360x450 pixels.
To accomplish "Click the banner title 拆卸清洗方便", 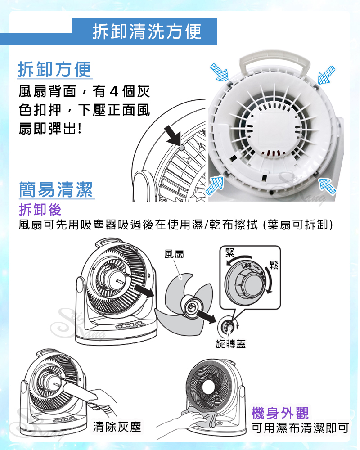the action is [147, 31].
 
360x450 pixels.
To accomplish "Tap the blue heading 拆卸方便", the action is [54, 69].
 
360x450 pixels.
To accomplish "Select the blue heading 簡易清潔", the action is [56, 189].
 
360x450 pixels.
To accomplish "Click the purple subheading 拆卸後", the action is [40, 210].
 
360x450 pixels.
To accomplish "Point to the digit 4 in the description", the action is [114, 92].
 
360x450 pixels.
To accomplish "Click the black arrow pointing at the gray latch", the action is [173, 136].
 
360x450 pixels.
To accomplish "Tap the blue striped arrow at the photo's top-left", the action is [220, 72].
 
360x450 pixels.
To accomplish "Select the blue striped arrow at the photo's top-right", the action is [326, 75].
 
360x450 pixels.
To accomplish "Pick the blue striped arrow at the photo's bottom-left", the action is [215, 185].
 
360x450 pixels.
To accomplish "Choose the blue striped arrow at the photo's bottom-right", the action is [327, 185].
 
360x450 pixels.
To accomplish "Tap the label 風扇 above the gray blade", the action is [174, 254].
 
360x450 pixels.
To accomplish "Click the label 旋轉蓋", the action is [231, 343].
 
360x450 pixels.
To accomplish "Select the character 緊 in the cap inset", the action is [230, 253].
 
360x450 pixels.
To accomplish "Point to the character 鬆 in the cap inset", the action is [274, 265].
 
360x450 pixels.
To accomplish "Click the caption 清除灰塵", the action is [117, 427].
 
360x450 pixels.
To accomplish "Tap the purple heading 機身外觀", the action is [280, 413].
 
